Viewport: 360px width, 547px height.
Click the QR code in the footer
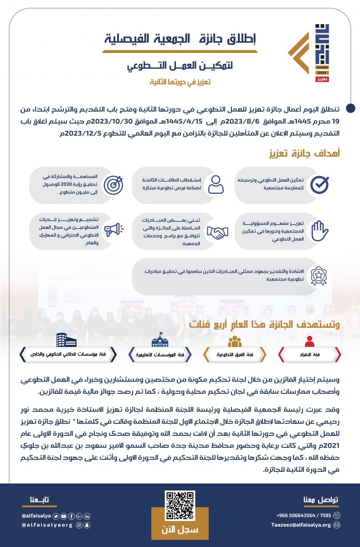coord(180,506)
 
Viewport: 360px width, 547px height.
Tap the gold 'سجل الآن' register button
coord(180,530)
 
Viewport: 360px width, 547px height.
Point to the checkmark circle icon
coord(319,184)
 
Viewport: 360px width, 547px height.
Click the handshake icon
coord(217,232)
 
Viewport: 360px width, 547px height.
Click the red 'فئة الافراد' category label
coord(309,354)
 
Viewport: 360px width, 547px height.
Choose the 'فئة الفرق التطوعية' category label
coord(234,354)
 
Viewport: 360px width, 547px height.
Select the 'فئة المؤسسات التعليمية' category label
coord(159,354)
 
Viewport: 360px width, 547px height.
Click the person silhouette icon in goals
coord(217,184)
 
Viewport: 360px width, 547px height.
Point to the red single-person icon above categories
coord(309,341)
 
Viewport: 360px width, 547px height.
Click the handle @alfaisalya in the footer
coord(36,516)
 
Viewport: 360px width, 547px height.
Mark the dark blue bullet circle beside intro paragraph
coord(350,108)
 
